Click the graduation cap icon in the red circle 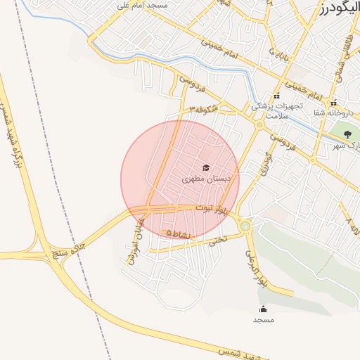tap(206, 167)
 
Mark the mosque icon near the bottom tap(264, 309)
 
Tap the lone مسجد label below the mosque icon tap(264, 320)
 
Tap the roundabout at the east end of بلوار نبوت tap(245, 226)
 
